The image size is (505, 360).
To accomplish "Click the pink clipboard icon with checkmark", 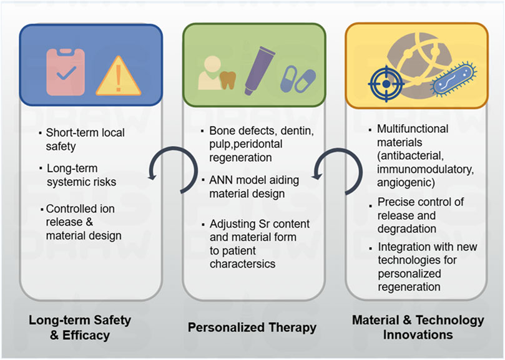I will click(66, 72).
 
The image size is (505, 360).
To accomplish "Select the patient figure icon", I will click(210, 75).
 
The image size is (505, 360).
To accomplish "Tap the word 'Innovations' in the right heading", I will click(418, 335).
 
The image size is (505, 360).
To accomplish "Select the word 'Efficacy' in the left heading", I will click(87, 335).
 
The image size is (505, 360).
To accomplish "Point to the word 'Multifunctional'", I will click(413, 129).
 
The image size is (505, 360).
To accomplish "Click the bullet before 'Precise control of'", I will click(371, 202).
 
